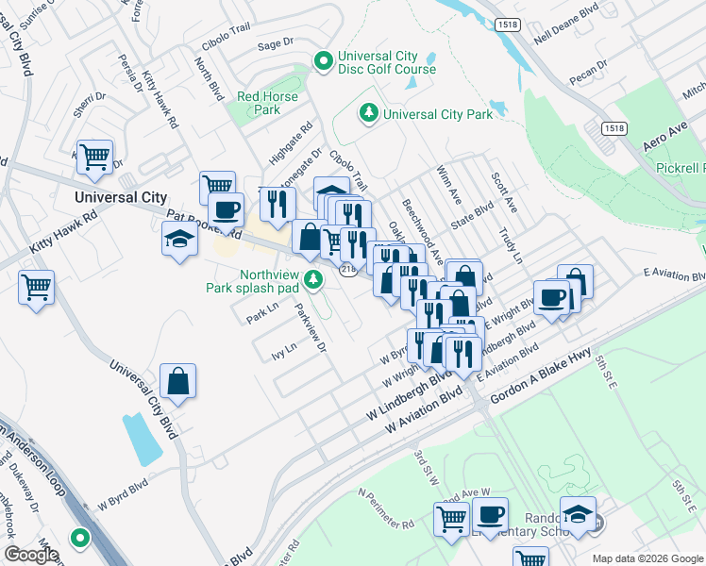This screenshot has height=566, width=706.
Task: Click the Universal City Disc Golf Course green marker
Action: pyautogui.click(x=324, y=61)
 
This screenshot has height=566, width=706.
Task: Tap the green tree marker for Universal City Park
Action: pyautogui.click(x=368, y=114)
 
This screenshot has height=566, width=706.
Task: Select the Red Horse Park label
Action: pyautogui.click(x=267, y=103)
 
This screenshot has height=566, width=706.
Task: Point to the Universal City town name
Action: pyautogui.click(x=121, y=197)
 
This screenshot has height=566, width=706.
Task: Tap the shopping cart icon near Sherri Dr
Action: pyautogui.click(x=94, y=157)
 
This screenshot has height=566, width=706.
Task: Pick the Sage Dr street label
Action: pyautogui.click(x=276, y=43)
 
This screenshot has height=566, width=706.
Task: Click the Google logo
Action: pyautogui.click(x=31, y=555)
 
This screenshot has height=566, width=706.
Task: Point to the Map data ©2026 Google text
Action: pyautogui.click(x=647, y=558)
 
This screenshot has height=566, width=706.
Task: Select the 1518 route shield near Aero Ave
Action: pyautogui.click(x=612, y=127)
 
